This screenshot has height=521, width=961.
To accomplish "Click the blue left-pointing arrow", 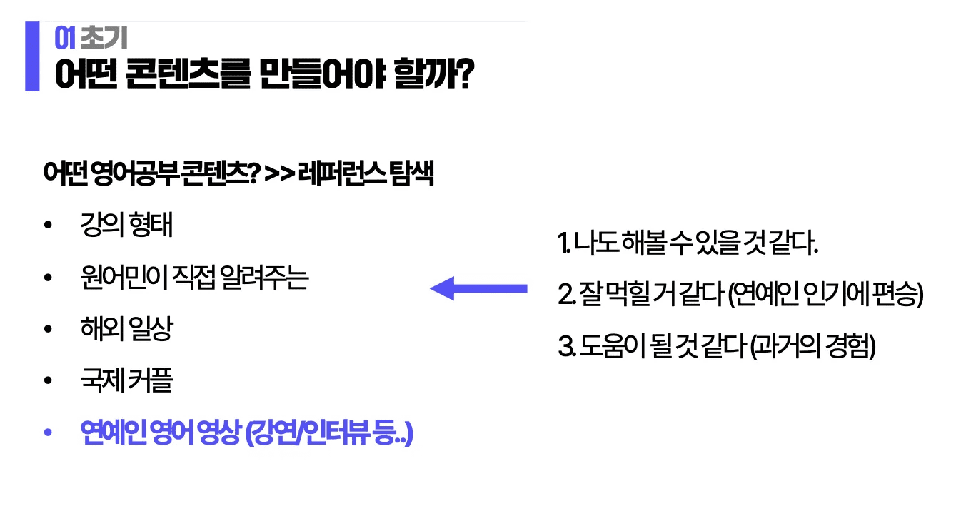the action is point(478,288).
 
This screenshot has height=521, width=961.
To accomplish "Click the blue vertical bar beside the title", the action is point(32,56).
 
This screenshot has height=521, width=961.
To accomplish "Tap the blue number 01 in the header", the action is point(65,36).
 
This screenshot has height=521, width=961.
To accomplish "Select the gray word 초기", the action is point(104,36).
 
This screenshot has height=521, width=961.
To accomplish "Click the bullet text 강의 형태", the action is point(127,226).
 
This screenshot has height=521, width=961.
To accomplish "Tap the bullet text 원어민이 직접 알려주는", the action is point(194,278).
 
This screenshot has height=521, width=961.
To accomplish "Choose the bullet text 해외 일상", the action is point(127,329).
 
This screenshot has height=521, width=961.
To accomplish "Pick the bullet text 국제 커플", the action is point(127,381).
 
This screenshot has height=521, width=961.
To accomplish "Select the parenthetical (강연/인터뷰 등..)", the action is point(328,433).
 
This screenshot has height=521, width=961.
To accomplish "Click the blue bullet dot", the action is point(48,433).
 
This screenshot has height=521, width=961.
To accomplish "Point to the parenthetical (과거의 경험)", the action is point(813,347).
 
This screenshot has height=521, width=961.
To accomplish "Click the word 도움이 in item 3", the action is point(608,347).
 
